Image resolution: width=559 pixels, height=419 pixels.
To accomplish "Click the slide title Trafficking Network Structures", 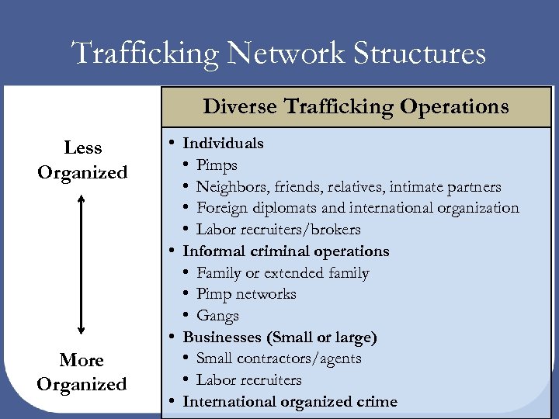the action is tap(279, 54).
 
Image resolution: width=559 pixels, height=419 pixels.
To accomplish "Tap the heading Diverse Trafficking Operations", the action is tap(356, 106).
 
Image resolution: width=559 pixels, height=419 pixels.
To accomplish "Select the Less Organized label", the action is tap(82, 160).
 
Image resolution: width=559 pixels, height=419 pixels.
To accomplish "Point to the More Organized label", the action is tap(82, 372).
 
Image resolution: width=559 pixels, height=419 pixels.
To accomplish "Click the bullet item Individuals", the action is tap(223, 144).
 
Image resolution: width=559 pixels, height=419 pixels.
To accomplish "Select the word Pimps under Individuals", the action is tap(217, 165).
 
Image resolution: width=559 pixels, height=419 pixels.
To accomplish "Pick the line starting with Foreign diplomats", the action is tap(357, 208).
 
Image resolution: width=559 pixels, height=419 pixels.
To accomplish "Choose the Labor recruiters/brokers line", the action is tap(278, 230).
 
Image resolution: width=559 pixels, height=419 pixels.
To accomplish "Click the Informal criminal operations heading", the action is tap(286, 251).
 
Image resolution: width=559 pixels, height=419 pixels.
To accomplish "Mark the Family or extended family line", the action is tap(283, 273).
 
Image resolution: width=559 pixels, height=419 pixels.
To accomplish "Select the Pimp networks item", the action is tap(246, 294).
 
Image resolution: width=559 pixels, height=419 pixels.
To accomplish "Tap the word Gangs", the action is tap(217, 316).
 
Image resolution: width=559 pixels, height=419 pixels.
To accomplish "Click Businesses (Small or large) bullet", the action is tap(279, 338).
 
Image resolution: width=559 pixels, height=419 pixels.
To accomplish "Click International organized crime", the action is tap(290, 402).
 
